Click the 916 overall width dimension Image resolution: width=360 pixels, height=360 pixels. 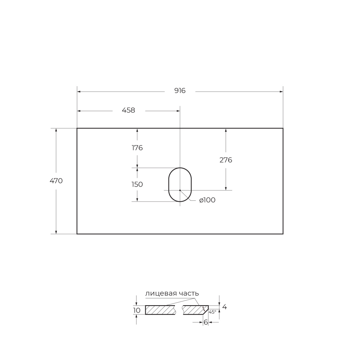pos(180,91)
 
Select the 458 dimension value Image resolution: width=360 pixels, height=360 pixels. pos(128,110)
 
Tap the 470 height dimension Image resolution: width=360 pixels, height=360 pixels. pos(56,181)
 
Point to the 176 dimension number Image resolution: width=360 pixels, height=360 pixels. pos(137,148)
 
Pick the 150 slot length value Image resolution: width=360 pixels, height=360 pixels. pos(137,185)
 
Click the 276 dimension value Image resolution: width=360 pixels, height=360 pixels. pos(226,160)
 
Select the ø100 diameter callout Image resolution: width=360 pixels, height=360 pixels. pos(207,200)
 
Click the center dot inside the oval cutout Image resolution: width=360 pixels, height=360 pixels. pos(180,190)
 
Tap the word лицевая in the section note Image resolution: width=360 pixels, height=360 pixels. pos(161,294)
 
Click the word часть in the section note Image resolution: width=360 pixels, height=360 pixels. pos(189,294)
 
